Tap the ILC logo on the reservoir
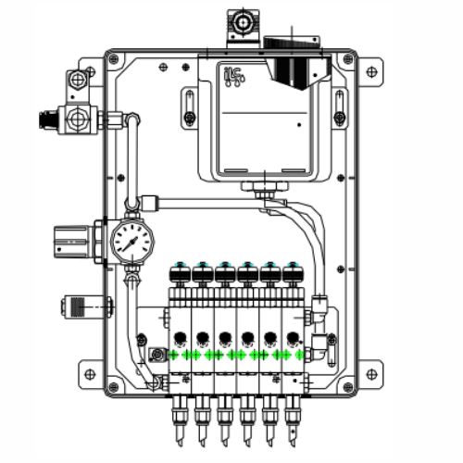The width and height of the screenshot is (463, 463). (233, 75)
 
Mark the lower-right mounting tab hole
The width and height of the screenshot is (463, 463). (371, 374)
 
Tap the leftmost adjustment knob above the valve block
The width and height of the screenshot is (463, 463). (179, 271)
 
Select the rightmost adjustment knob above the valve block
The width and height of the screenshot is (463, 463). (294, 271)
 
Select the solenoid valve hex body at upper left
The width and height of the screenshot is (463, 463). (77, 119)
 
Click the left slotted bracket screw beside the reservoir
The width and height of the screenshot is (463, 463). (190, 117)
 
